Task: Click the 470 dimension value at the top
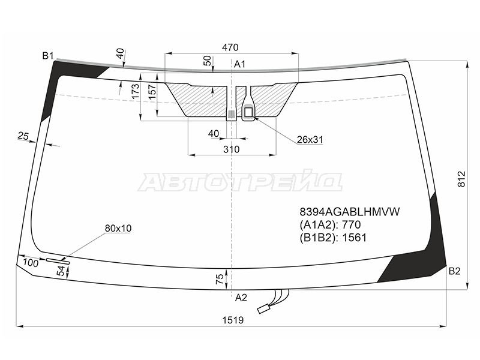pyautogui.click(x=230, y=47)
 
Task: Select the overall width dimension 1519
pyautogui.click(x=233, y=320)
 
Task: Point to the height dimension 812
pyautogui.click(x=462, y=179)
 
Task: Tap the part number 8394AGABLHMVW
pyautogui.click(x=350, y=212)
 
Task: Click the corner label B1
pyautogui.click(x=48, y=56)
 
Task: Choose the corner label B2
pyautogui.click(x=455, y=271)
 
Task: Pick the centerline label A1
pyautogui.click(x=239, y=64)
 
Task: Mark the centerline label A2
pyautogui.click(x=241, y=298)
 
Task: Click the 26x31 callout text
pyautogui.click(x=310, y=140)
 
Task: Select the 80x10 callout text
pyautogui.click(x=118, y=229)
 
